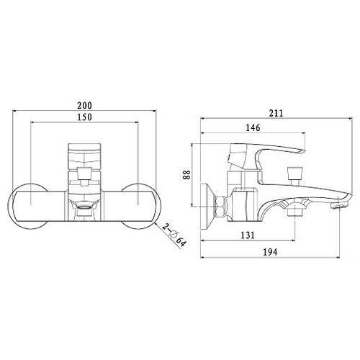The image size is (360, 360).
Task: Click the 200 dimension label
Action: tap(84, 105)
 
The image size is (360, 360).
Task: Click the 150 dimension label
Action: tap(84, 117)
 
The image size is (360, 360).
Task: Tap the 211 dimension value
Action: tap(276, 113)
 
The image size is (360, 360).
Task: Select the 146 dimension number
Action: tap(253, 127)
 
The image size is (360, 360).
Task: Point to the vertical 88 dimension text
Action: tap(186, 174)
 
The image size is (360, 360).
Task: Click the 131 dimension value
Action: tap(248, 235)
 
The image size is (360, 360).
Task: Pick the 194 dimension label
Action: tap(270, 252)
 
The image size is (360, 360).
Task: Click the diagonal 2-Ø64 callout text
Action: tap(174, 235)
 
